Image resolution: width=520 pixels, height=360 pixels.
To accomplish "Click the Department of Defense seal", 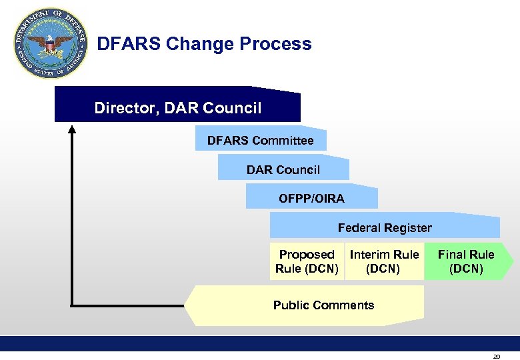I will coord(51,44).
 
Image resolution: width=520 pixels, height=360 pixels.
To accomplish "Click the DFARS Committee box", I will coord(260,141).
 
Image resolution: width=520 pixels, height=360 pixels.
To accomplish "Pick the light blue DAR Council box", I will coord(283,170).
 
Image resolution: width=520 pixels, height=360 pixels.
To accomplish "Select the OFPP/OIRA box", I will coord(311,199).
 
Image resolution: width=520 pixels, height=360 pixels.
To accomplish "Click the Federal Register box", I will coord(385,228).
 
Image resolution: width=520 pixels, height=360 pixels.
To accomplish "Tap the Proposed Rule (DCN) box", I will coord(307,262).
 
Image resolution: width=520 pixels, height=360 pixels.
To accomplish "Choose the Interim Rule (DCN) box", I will coord(384,262).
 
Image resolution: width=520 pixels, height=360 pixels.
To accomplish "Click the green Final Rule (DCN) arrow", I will coord(466,262).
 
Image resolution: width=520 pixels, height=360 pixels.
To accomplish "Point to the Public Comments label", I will coord(323,305).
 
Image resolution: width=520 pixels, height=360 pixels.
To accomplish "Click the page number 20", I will coord(496,357).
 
